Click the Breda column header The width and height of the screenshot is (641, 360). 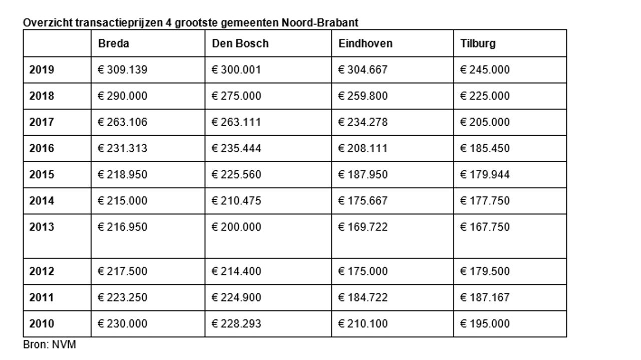pos(114,44)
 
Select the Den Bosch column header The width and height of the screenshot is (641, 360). pos(240,44)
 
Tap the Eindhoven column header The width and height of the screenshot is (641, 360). pos(365,44)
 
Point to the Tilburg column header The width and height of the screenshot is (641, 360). pos(478,44)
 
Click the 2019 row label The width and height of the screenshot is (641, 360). pos(42,70)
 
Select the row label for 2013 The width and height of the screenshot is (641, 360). pos(42,227)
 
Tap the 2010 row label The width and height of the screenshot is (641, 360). pos(42,324)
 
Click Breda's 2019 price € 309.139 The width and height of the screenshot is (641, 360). pos(122,70)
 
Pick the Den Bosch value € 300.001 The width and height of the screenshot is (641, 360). pos(236,70)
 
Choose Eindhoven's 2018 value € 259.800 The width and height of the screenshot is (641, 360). pos(363,96)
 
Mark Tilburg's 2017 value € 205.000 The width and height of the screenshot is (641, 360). pos(484,122)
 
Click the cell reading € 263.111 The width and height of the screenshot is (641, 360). pos(236,122)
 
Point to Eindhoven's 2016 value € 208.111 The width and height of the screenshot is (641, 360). pos(363,149)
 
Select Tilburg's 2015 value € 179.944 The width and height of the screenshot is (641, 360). pos(484,175)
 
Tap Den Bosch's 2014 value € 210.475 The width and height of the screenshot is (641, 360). pos(236,201)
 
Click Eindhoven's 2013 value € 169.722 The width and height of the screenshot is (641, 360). pos(363,227)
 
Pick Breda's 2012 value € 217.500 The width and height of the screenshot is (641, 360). pos(122,271)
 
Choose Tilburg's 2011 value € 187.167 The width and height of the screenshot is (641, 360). pos(484,297)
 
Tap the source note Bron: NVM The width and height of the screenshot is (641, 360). pos(50,344)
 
